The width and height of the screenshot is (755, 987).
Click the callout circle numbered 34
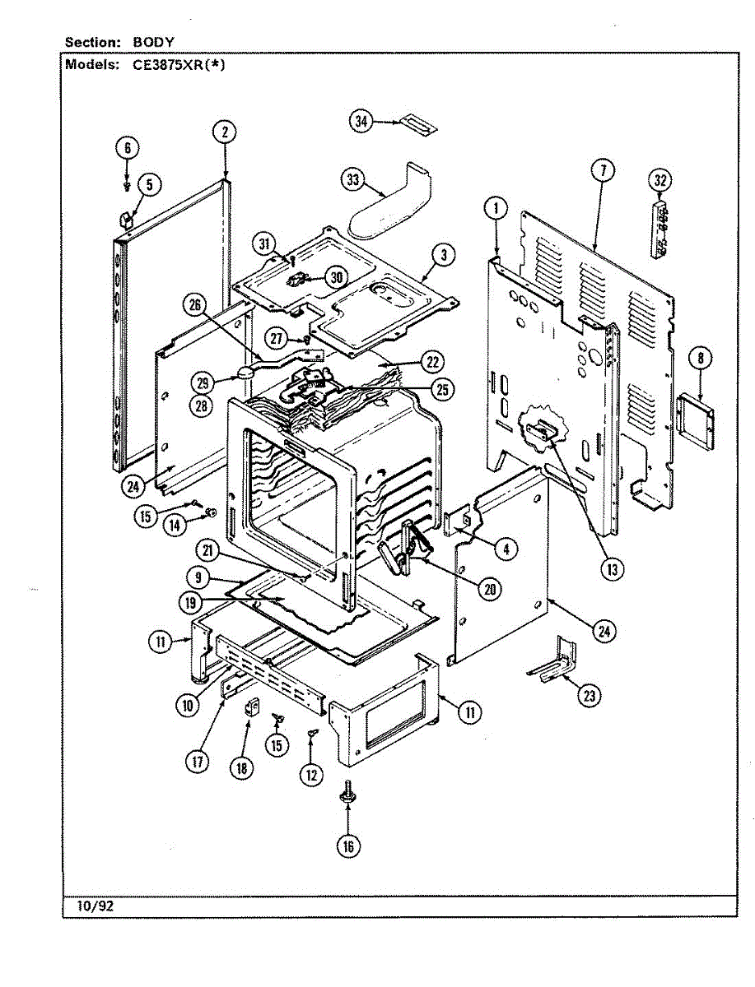pos(361,121)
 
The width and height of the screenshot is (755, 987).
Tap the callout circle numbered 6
pos(128,148)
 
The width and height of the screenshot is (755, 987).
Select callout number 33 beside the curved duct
pos(352,180)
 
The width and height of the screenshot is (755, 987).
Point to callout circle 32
pos(659,180)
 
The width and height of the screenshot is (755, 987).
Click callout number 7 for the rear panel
pos(603,170)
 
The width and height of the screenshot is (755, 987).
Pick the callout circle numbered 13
pos(613,570)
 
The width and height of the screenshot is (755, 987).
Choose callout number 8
pos(701,359)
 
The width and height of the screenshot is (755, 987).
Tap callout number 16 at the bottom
pos(348,846)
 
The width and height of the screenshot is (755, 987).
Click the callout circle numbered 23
pos(589,696)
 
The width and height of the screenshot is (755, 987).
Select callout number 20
pos(490,589)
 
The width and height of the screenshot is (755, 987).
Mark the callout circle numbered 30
pos(337,277)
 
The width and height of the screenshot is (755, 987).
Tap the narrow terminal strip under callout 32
pos(659,231)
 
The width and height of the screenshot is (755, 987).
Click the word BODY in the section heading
pos(153,42)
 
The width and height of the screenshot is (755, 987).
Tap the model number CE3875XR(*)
pos(179,65)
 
